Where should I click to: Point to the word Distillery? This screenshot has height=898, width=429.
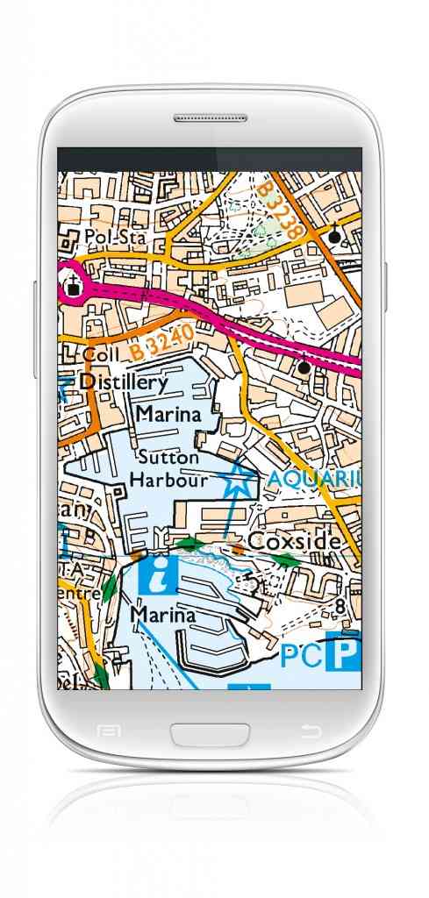pyautogui.click(x=123, y=383)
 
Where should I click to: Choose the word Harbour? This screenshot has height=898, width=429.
pyautogui.click(x=168, y=480)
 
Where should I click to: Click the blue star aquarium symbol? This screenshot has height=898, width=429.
pyautogui.click(x=237, y=480)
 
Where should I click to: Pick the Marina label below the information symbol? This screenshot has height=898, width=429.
pyautogui.click(x=162, y=615)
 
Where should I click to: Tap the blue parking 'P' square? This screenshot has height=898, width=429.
pyautogui.click(x=343, y=654)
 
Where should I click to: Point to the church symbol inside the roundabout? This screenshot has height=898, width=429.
pyautogui.click(x=71, y=282)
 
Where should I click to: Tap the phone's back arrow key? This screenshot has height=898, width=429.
pyautogui.click(x=310, y=731)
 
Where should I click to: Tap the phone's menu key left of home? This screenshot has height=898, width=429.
pyautogui.click(x=109, y=731)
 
